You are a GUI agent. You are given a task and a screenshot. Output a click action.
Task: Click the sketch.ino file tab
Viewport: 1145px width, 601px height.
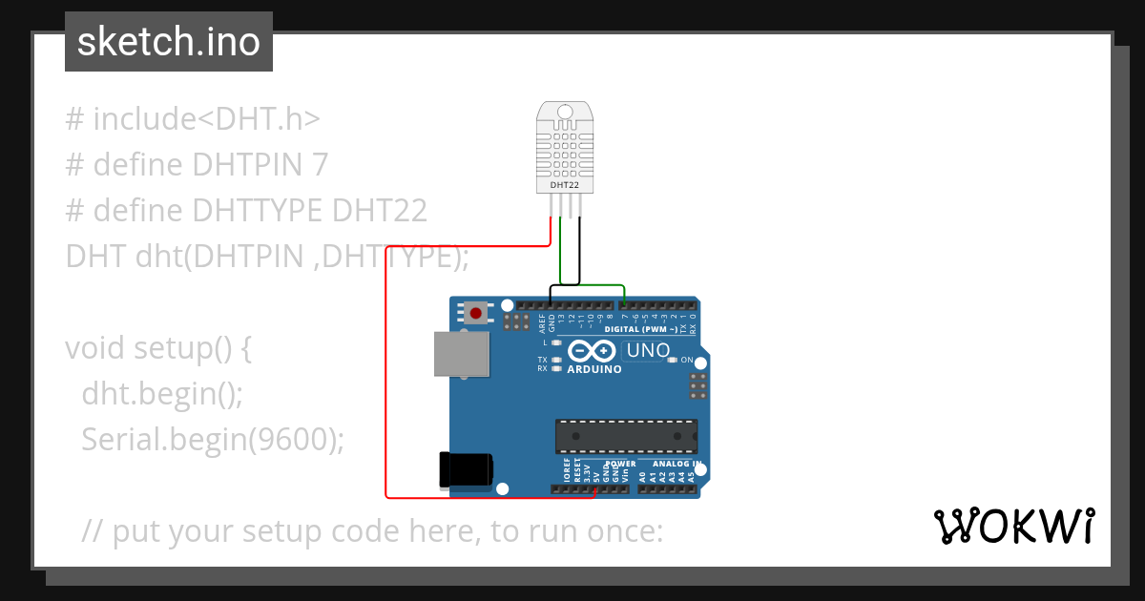[169, 42]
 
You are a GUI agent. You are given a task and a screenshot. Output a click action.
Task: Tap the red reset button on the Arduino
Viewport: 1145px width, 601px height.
[474, 311]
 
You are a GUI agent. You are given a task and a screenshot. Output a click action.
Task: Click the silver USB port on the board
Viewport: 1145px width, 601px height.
[461, 354]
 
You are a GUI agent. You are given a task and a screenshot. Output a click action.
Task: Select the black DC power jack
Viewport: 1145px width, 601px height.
[465, 469]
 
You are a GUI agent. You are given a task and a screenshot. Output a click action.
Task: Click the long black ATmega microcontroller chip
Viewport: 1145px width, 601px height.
[626, 435]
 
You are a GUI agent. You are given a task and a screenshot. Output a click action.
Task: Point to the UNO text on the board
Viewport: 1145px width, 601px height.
[647, 351]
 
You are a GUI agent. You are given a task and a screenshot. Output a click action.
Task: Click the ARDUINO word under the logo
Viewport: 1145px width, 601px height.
[594, 369]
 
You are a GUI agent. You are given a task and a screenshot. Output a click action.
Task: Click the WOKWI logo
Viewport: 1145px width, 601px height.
[1013, 526]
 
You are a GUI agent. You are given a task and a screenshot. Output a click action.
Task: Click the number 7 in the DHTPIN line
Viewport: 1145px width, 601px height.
[320, 165]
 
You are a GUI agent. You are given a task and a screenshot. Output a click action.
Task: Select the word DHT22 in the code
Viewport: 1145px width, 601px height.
[379, 211]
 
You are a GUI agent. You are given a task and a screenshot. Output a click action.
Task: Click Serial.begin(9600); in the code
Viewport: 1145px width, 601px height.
[212, 439]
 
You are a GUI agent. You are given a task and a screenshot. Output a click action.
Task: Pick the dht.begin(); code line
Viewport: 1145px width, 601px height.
[162, 393]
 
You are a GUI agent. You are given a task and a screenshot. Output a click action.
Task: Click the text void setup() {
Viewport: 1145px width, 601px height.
[158, 347]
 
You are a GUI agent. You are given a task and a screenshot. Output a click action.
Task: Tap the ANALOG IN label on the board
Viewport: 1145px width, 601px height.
[677, 464]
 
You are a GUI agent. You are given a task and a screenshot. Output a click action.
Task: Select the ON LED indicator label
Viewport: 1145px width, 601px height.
[686, 360]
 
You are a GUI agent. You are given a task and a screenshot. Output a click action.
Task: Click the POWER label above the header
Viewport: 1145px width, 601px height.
[620, 464]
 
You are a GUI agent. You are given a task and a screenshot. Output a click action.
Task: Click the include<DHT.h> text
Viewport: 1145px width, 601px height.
[206, 119]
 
